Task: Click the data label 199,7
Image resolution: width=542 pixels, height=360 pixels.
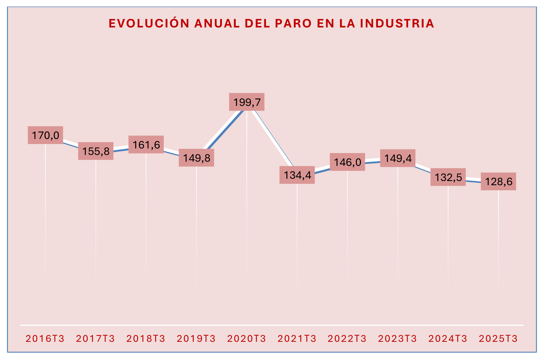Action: coord(247,102)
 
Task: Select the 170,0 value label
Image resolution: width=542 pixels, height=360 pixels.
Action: coord(45,135)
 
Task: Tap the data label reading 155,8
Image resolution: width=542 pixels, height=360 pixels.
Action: coord(96,151)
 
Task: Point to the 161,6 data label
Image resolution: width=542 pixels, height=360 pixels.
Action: coord(146,145)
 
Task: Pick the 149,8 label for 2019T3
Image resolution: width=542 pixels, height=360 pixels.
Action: coord(197,158)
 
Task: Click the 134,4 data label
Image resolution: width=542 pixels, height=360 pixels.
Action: coord(297,175)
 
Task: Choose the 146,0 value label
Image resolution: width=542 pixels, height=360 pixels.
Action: coord(347,162)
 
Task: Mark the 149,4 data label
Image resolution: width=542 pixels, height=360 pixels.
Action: coord(398,158)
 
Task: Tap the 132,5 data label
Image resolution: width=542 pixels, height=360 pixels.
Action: coord(448,177)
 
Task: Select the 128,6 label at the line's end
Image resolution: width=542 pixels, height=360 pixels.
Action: coord(498,182)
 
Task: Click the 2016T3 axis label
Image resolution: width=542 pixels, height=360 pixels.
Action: coord(45,339)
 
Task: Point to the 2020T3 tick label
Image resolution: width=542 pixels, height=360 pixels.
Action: coord(247,339)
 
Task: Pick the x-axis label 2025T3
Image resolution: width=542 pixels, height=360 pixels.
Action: coord(498,339)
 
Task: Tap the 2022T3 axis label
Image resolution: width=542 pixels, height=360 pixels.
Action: coord(347,339)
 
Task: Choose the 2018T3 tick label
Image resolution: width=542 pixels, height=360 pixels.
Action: coord(146,339)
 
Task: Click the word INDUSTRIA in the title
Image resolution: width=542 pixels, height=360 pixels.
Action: coord(397,24)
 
